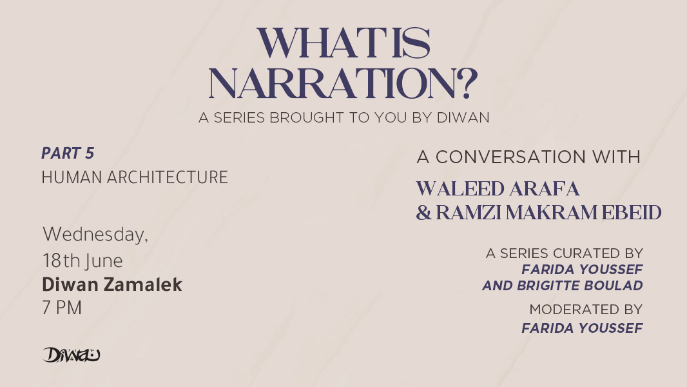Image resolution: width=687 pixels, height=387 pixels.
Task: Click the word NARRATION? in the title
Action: coord(343,83)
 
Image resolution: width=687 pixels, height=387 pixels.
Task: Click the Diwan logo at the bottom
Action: coord(72,355)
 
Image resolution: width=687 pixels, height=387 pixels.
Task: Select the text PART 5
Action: coord(68,153)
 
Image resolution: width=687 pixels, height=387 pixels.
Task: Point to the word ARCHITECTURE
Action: coord(168,177)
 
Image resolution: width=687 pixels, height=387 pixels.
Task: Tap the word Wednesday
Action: coord(95,235)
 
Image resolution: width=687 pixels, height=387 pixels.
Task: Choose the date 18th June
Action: coord(82,261)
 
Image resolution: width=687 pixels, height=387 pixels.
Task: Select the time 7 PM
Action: coord(62,308)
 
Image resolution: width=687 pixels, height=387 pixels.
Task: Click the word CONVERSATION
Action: coord(510,157)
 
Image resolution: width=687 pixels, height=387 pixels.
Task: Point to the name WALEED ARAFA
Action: coord(498,189)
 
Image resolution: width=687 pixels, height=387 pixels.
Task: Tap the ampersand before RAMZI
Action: coord(423,213)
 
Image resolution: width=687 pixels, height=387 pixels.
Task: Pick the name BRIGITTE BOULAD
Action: coord(579,285)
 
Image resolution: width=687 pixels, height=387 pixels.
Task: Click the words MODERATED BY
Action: coord(586,310)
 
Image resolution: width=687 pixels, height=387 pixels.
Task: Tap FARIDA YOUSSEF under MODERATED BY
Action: coord(583,328)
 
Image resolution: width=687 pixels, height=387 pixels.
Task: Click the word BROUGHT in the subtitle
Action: coord(307,117)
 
